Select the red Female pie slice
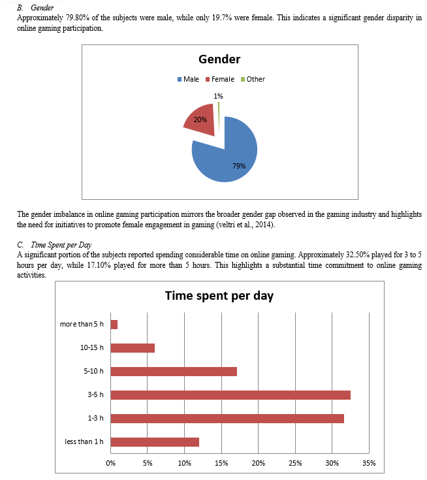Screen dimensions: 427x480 click(x=202, y=121)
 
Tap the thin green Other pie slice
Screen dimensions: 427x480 click(x=218, y=118)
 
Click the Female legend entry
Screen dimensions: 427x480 click(x=220, y=79)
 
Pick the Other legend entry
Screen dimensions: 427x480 click(x=253, y=79)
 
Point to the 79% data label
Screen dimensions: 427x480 click(x=239, y=166)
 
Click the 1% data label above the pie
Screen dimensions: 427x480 click(x=218, y=96)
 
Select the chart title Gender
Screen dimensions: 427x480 click(x=219, y=59)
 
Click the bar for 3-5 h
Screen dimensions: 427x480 click(x=230, y=395)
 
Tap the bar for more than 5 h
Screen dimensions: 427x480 click(x=114, y=325)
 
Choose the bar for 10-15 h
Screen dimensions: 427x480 click(x=133, y=348)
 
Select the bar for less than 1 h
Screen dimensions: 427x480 click(x=155, y=442)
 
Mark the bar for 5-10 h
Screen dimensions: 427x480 click(x=174, y=372)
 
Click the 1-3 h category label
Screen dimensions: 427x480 click(x=95, y=418)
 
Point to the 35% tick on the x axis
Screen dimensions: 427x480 click(x=369, y=463)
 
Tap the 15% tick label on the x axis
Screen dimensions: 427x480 click(x=221, y=463)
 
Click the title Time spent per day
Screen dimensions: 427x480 click(x=219, y=296)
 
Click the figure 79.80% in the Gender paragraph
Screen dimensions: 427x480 click(x=78, y=18)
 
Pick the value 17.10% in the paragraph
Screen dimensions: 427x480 click(x=99, y=265)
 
